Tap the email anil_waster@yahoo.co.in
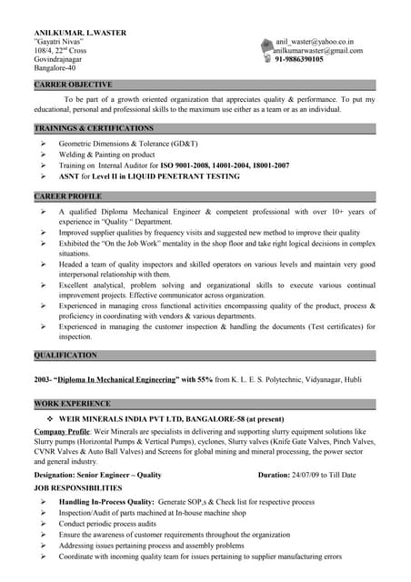tap(316, 42)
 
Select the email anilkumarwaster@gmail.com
tap(318, 50)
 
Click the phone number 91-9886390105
tap(305, 59)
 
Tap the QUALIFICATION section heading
tap(65, 355)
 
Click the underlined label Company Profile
tap(61, 431)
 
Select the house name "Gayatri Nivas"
tap(58, 42)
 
